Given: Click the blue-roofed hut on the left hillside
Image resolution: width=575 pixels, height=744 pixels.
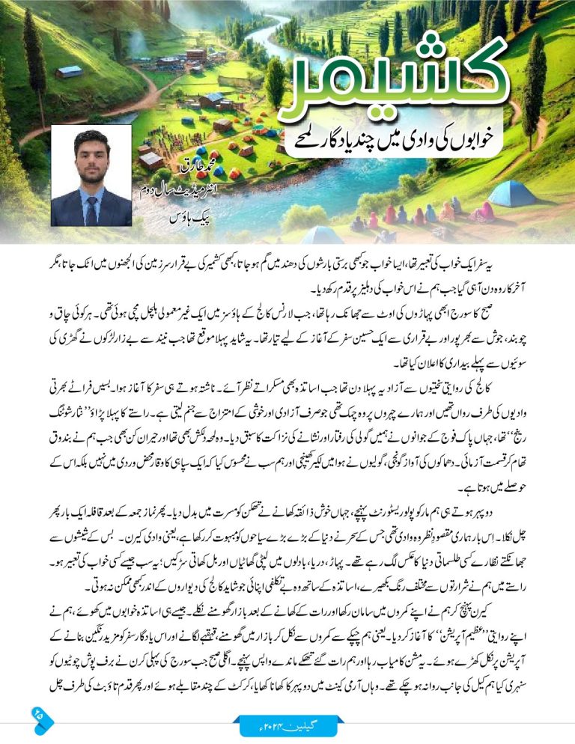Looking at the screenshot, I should tap(68, 72).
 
